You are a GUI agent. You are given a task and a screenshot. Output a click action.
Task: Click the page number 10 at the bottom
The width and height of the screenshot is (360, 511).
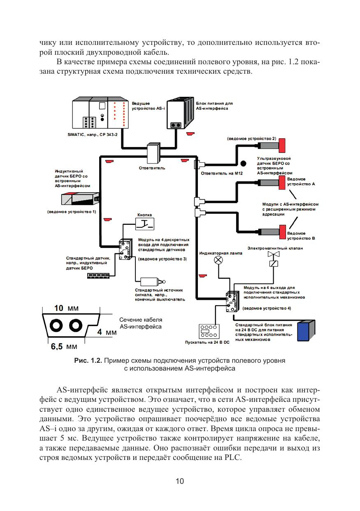pyautogui.click(x=180, y=481)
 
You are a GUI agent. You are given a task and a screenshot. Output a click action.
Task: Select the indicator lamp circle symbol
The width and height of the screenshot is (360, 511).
pyautogui.click(x=219, y=260)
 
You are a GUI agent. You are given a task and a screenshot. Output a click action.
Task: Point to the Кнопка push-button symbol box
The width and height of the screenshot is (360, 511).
pyautogui.click(x=145, y=224)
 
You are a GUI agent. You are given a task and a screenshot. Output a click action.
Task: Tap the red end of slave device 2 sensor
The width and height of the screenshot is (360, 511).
pyautogui.click(x=283, y=145)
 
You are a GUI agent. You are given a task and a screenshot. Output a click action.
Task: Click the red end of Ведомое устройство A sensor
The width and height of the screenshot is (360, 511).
pyautogui.click(x=282, y=183)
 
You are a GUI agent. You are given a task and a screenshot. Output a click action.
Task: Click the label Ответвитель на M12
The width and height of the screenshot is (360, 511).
pyautogui.click(x=222, y=174)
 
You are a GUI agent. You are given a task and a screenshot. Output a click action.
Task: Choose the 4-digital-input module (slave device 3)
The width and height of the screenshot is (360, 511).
pyautogui.click(x=125, y=250)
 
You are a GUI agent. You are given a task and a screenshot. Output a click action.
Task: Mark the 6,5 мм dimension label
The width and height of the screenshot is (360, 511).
pyautogui.click(x=64, y=347)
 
